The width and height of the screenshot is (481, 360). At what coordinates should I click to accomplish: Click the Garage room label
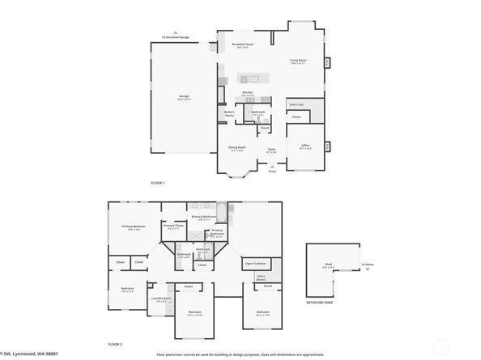pyautogui.click(x=185, y=97)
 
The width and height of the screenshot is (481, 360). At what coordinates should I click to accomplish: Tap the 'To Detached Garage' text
pyautogui.click(x=175, y=37)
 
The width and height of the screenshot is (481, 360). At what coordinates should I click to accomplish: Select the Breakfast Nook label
pyautogui.click(x=243, y=44)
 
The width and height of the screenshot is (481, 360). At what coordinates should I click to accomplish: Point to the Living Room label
pyautogui.click(x=298, y=61)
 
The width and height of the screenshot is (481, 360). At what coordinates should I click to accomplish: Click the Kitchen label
pyautogui.click(x=248, y=93)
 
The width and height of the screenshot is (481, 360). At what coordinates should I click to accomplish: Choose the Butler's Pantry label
pyautogui.click(x=229, y=114)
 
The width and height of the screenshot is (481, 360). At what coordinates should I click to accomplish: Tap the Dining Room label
pyautogui.click(x=236, y=148)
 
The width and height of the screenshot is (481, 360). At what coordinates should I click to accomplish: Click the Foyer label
pyautogui.click(x=272, y=150)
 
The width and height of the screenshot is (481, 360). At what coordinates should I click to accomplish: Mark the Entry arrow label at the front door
pyautogui.click(x=272, y=171)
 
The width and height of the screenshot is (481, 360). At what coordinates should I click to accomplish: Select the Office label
pyautogui.click(x=305, y=146)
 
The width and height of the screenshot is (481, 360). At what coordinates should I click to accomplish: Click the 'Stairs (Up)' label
pyautogui.click(x=296, y=104)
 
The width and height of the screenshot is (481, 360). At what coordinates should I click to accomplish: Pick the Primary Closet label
pyautogui.click(x=173, y=227)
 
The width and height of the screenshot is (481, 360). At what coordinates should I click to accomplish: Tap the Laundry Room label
pyautogui.click(x=162, y=299)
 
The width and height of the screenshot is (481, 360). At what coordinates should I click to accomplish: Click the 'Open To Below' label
pyautogui.click(x=256, y=264)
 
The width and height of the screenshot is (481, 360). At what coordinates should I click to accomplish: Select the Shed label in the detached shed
pyautogui.click(x=327, y=265)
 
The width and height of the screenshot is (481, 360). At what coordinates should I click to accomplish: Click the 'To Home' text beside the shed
pyautogui.click(x=368, y=265)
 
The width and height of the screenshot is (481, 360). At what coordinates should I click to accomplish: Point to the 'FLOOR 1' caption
pyautogui.click(x=158, y=183)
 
